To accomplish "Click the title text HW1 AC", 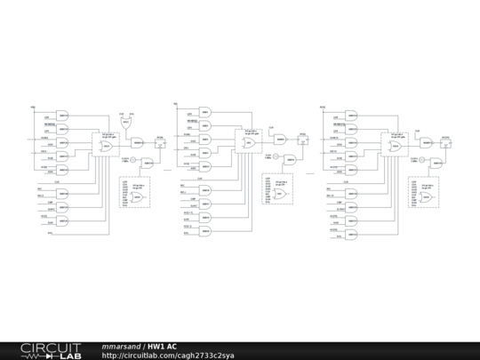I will [x=163, y=346].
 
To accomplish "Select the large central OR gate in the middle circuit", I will [x=250, y=143].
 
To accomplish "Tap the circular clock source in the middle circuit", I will [x=276, y=158].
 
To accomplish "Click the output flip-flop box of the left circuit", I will [x=160, y=141].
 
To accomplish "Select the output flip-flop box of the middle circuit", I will [x=303, y=139].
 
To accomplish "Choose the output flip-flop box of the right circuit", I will [x=447, y=141].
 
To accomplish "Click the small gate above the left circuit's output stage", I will [x=126, y=123].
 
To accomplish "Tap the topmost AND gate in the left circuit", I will [x=63, y=115].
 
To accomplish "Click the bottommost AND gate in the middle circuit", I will [x=205, y=232].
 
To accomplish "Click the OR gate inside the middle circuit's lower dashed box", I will [x=282, y=193].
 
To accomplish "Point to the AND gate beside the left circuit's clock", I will [x=148, y=163].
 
